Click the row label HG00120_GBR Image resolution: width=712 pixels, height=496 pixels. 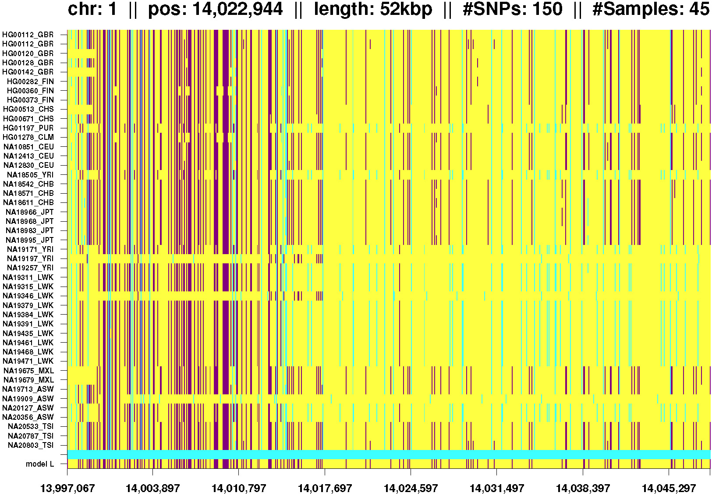pos(28,53)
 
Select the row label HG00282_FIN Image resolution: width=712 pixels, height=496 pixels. pos(30,81)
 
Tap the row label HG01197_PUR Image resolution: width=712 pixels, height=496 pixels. pos(28,128)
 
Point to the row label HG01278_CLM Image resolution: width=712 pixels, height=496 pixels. pos(28,137)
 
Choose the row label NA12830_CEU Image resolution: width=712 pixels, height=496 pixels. pos(28,165)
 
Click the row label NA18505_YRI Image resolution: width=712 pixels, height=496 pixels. pos(30,175)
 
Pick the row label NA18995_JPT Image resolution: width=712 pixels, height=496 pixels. pos(29,240)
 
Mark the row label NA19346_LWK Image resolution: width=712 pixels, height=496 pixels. pos(28,296)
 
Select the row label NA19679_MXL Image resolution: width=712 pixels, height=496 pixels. pos(28,380)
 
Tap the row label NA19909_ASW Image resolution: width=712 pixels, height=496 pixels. pos(28,399)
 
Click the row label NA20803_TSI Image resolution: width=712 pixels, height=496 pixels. pos(31,445)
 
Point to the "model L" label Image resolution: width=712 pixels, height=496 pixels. pos(40,464)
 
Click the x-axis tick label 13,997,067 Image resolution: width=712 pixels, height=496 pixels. pos(67,488)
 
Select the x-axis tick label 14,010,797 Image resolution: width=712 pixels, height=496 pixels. pos(239,488)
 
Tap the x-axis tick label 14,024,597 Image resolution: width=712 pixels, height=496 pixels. pos(411,488)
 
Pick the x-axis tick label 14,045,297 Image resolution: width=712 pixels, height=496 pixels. pos(669,488)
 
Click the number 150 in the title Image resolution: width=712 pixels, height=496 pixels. pos(546,9)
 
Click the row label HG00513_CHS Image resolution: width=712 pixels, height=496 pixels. pos(28,109)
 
